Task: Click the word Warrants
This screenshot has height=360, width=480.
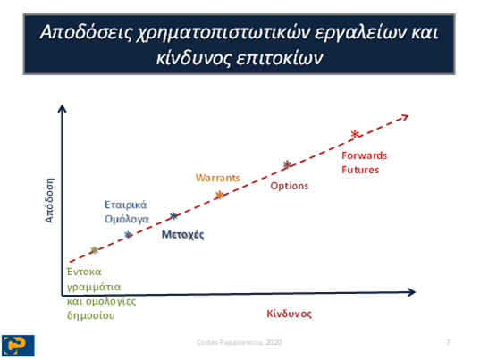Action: click(217, 178)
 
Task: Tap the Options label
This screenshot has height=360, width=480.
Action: click(290, 186)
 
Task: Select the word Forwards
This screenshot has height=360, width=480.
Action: click(365, 155)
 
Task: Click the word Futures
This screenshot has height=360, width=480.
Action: click(360, 170)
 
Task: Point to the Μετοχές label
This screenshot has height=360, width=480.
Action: click(182, 235)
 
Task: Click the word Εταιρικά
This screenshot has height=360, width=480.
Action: click(126, 205)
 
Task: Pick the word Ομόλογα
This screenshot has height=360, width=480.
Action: click(127, 219)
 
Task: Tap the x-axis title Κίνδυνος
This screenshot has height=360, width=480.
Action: click(290, 314)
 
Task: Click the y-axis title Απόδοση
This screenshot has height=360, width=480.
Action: click(49, 200)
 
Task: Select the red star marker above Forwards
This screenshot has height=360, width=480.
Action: click(355, 134)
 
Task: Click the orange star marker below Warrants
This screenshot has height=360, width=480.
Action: click(220, 195)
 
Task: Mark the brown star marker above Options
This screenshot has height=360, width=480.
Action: click(287, 165)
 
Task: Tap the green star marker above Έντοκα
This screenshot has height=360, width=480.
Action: click(95, 250)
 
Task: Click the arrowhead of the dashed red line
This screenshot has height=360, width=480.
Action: click(406, 116)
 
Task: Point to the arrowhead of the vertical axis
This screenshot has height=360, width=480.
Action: click(63, 108)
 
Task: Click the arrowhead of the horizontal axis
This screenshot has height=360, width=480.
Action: click(412, 292)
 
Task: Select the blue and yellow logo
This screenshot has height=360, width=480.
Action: click(18, 346)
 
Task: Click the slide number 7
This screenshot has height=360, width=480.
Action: click(448, 342)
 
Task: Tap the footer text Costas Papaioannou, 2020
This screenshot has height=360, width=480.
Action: click(239, 342)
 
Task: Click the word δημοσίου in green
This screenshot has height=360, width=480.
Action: click(91, 315)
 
